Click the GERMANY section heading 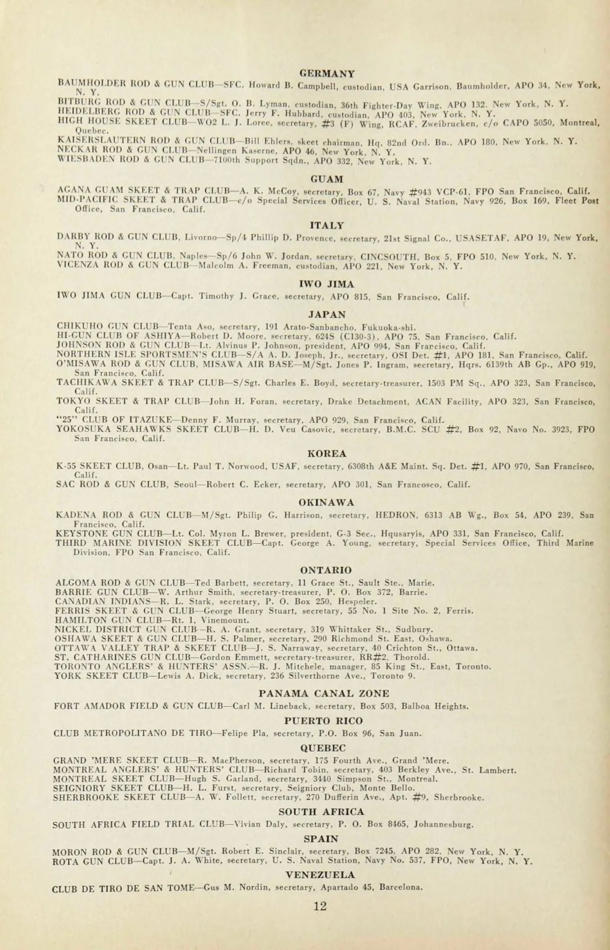(327, 73)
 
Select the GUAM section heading (327, 179)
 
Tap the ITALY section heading (326, 225)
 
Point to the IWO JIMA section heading (326, 284)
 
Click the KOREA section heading (327, 453)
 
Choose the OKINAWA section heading (326, 503)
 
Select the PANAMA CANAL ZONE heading (324, 693)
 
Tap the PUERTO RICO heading (323, 721)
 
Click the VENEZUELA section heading (320, 875)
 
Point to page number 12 (320, 906)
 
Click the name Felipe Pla (246, 733)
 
